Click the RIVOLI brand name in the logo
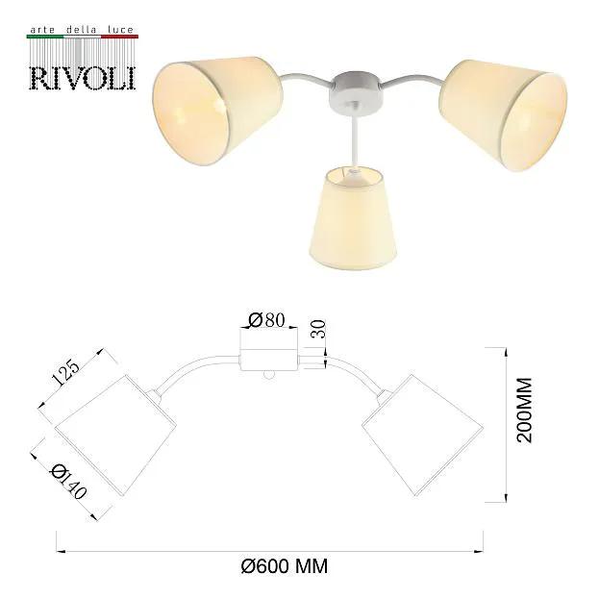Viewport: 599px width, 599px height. (x=83, y=79)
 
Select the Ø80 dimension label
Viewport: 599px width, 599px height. (x=267, y=320)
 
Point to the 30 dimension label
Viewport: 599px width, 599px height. (x=318, y=329)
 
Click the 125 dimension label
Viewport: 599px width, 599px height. (x=65, y=372)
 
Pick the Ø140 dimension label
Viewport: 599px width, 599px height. (x=68, y=482)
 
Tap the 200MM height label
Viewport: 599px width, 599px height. (x=524, y=410)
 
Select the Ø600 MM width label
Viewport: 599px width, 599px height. (x=285, y=565)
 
